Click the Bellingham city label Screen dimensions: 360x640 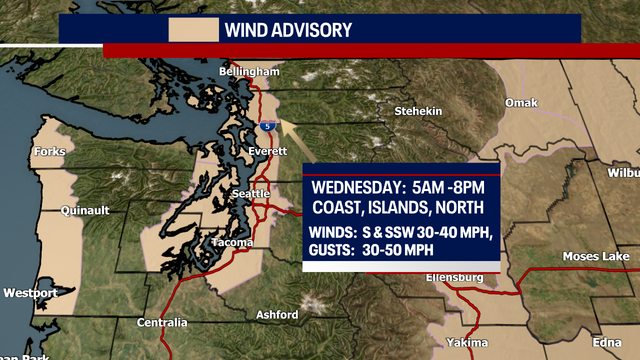pos(249,73)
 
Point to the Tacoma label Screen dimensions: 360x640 pos(232,243)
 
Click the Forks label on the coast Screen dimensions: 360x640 pos(48,152)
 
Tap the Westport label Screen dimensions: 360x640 pos(30,294)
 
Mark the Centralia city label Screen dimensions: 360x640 pos(162,323)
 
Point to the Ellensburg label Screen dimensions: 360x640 pos(454,277)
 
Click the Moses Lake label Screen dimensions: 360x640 pos(595,257)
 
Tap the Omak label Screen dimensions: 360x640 pos(522,103)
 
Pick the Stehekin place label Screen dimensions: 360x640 pos(417,111)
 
